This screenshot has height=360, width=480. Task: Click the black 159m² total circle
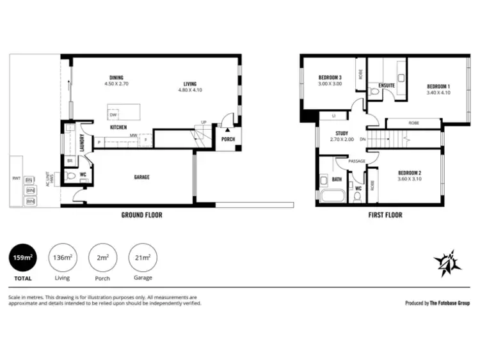(x=24, y=258)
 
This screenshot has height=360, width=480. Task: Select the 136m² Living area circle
(x=62, y=258)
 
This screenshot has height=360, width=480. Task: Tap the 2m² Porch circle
(x=102, y=258)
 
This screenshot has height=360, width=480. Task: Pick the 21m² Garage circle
(x=143, y=258)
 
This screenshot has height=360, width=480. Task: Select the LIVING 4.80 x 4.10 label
(x=190, y=87)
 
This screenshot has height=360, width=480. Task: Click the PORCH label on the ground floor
(x=228, y=139)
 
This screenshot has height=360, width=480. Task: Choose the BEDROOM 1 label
(x=439, y=89)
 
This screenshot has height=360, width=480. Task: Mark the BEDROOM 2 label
(x=410, y=176)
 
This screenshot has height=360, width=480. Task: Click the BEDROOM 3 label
(x=330, y=80)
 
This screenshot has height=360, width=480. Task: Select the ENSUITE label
(x=387, y=85)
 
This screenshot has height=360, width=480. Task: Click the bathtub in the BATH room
(x=333, y=196)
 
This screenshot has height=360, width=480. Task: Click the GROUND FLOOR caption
(x=141, y=215)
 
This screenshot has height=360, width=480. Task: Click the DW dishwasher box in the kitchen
(x=113, y=115)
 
